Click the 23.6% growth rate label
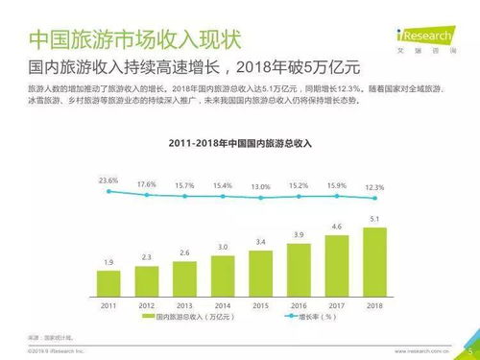(x=108, y=180)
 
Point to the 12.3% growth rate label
(x=373, y=186)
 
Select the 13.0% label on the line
(x=260, y=186)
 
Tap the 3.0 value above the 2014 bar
(x=223, y=247)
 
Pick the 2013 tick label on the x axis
(x=184, y=305)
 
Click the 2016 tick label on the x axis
(x=299, y=305)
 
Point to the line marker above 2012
(x=146, y=195)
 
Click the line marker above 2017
(x=336, y=196)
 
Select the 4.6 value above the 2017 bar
(x=336, y=227)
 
